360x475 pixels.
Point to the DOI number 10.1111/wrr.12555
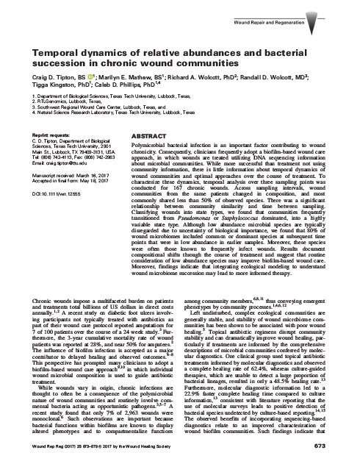[49, 188]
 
